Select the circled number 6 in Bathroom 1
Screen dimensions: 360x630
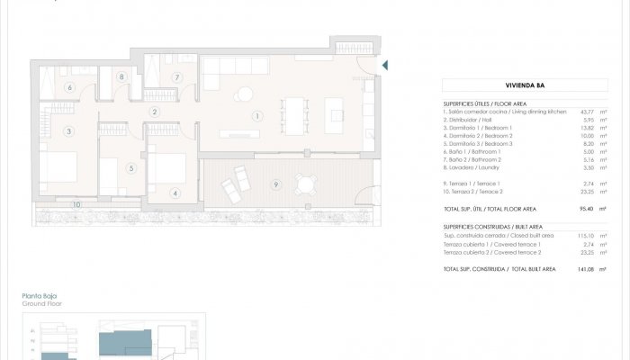click(x=68, y=87)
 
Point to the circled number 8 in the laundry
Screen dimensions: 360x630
click(x=121, y=77)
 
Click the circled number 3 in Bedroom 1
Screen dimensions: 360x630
click(x=68, y=131)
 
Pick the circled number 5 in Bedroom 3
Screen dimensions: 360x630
click(x=130, y=167)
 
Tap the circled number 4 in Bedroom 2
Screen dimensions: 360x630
click(x=175, y=192)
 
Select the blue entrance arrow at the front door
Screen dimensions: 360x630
click(x=385, y=65)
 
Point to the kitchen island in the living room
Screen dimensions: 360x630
click(x=337, y=116)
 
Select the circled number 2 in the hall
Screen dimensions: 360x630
click(x=155, y=112)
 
